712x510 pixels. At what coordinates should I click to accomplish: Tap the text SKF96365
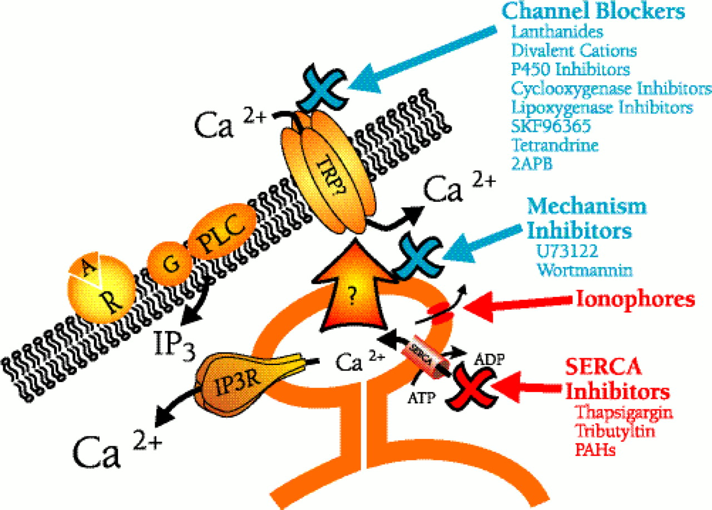[551, 126]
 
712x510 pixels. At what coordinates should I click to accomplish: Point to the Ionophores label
[634, 300]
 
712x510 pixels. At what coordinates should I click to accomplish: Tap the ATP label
[420, 397]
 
